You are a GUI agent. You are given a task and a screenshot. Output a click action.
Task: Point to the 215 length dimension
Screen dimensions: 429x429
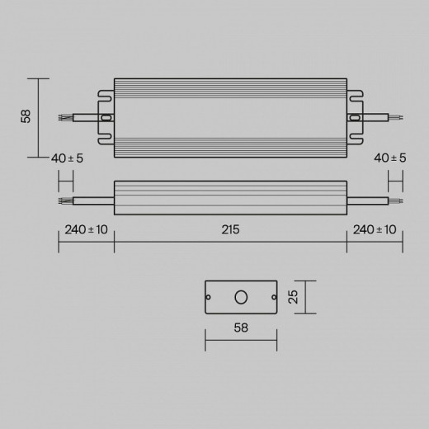pyautogui.click(x=230, y=230)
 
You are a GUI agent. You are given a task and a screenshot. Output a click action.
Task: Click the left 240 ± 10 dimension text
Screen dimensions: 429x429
pyautogui.click(x=86, y=230)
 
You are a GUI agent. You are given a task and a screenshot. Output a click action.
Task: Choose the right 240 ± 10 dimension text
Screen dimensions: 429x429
pyautogui.click(x=375, y=230)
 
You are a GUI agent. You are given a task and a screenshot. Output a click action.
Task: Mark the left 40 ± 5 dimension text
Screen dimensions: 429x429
pyautogui.click(x=67, y=158)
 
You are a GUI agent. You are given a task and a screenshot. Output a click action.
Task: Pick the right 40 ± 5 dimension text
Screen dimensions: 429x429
pyautogui.click(x=390, y=158)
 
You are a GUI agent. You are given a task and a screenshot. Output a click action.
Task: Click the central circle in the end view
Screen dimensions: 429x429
pyautogui.click(x=242, y=296)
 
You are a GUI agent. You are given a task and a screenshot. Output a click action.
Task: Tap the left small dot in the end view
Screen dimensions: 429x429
pyautogui.click(x=210, y=296)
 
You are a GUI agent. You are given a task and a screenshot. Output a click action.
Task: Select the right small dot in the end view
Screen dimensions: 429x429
pyautogui.click(x=273, y=296)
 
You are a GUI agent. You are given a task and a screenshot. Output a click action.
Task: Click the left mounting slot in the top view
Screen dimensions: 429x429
pyautogui.click(x=106, y=118)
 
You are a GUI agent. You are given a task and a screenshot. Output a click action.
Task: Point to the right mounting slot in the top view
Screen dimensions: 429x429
pyautogui.click(x=356, y=118)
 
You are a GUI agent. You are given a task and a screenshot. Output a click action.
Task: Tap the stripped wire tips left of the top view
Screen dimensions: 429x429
pyautogui.click(x=63, y=118)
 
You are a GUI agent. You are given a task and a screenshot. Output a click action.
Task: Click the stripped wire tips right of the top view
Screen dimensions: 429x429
pyautogui.click(x=398, y=118)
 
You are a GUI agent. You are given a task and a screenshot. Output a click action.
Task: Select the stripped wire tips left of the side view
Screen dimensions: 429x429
pyautogui.click(x=63, y=200)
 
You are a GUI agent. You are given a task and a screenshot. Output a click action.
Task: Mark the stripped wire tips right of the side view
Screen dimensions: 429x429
pyautogui.click(x=398, y=200)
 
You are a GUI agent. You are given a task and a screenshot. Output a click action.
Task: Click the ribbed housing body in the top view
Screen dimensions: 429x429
pyautogui.click(x=230, y=118)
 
